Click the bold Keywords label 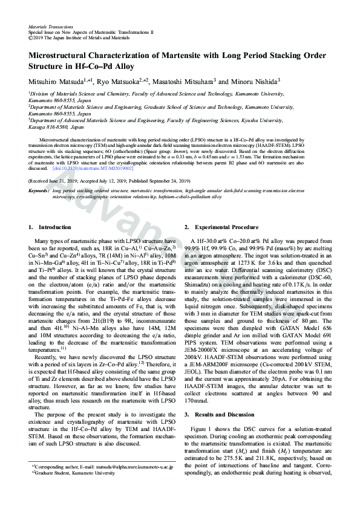(x=39, y=190)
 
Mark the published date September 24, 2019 (x=166, y=181)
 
